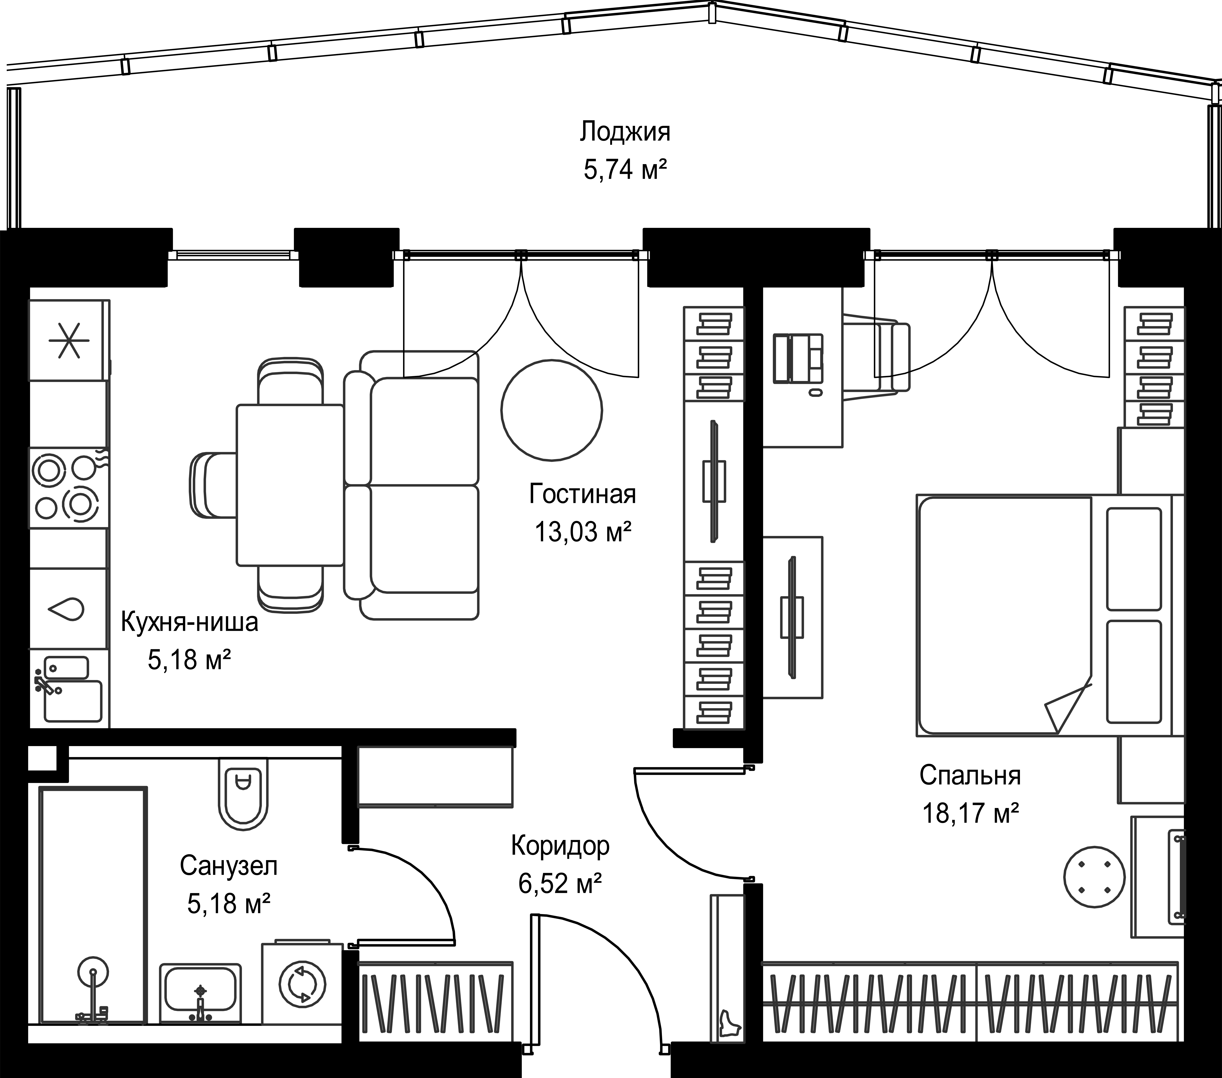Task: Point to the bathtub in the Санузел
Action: (93, 906)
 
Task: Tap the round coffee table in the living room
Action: (551, 409)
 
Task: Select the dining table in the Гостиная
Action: (290, 485)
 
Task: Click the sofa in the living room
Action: (411, 485)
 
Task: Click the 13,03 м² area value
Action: (584, 531)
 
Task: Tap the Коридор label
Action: (560, 846)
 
